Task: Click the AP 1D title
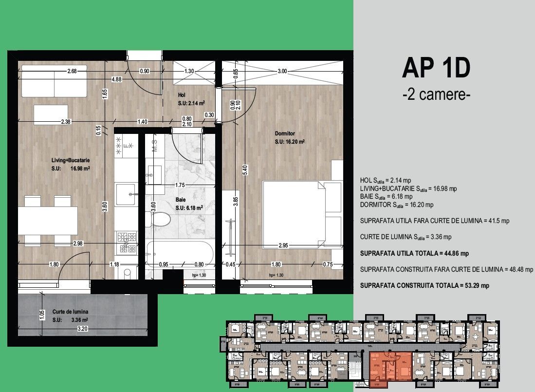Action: [436, 69]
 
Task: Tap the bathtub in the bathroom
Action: [180, 253]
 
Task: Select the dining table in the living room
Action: [47, 221]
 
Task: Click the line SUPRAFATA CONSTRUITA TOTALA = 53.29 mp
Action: [424, 285]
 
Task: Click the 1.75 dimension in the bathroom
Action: [180, 185]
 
